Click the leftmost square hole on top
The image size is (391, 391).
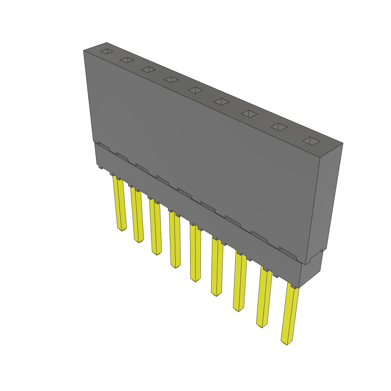107,51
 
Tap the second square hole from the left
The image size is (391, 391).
127,60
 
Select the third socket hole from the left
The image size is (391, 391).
148,69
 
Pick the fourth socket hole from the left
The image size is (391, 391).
171,79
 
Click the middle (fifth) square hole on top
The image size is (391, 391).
195,90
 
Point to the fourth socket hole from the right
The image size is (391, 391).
221,101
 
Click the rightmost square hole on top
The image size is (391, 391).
311,141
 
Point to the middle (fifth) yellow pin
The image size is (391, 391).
195,254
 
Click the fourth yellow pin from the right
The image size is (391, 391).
217,267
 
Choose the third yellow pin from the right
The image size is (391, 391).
240,283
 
